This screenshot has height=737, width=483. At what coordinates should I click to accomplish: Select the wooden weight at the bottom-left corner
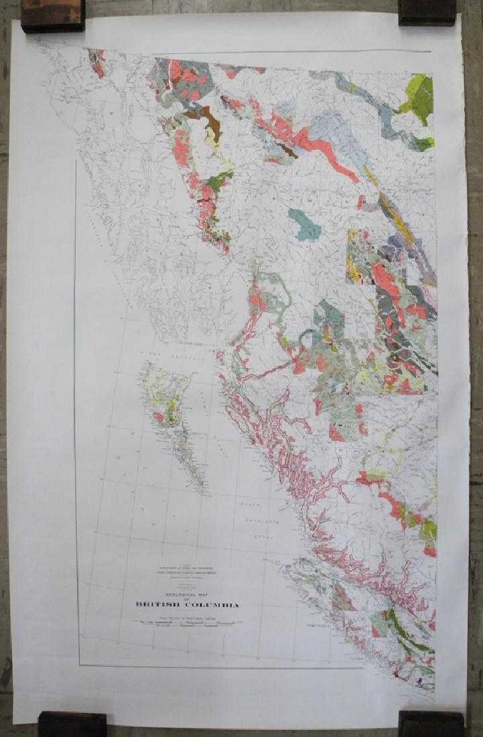coord(72,724)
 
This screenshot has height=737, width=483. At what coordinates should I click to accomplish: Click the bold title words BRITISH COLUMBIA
coord(187,604)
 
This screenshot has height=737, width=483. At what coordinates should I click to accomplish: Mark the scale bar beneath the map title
coord(187,622)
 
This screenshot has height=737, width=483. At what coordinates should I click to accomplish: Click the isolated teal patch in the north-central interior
coord(304,224)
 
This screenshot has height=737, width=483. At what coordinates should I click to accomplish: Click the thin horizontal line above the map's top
coord(268,52)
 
